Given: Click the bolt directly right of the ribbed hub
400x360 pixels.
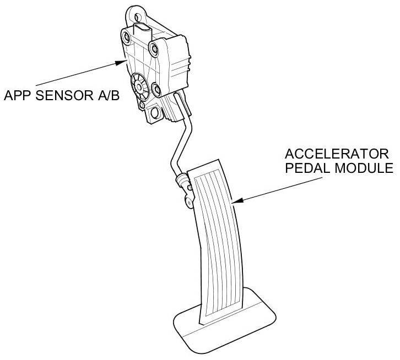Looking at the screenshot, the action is pyautogui.click(x=156, y=88).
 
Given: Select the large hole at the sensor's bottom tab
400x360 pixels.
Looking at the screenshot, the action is pyautogui.click(x=154, y=113).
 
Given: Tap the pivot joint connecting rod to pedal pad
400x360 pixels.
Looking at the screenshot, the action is pyautogui.click(x=183, y=179).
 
